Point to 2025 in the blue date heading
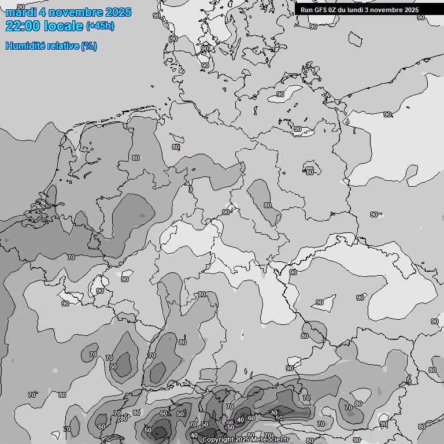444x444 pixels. coord(118,12)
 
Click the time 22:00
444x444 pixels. coord(23,26)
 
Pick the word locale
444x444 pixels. coord(63,26)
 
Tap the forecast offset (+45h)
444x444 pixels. coord(100,26)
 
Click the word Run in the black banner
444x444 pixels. coord(306,10)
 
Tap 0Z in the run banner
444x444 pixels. coord(335,10)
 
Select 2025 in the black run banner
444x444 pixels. coord(412,10)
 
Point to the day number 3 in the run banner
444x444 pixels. coord(372,10)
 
